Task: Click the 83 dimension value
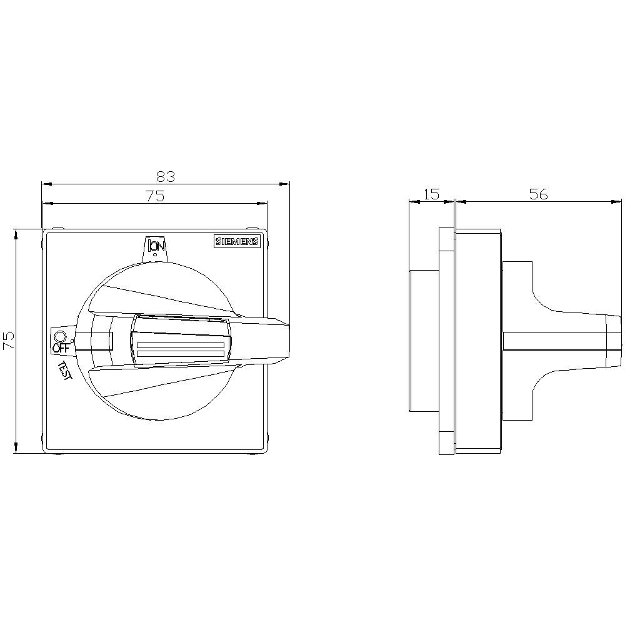pyautogui.click(x=166, y=176)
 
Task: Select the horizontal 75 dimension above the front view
pyautogui.click(x=155, y=196)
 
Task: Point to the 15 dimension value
pyautogui.click(x=431, y=194)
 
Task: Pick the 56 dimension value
pyautogui.click(x=538, y=194)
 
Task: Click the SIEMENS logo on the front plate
pyautogui.click(x=237, y=242)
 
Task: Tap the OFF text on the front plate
pyautogui.click(x=61, y=347)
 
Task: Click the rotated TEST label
pyautogui.click(x=65, y=370)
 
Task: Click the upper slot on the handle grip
pyautogui.click(x=180, y=346)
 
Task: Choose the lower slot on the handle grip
pyautogui.click(x=180, y=355)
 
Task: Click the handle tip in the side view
pyautogui.click(x=616, y=341)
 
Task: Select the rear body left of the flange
pyautogui.click(x=424, y=341)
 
